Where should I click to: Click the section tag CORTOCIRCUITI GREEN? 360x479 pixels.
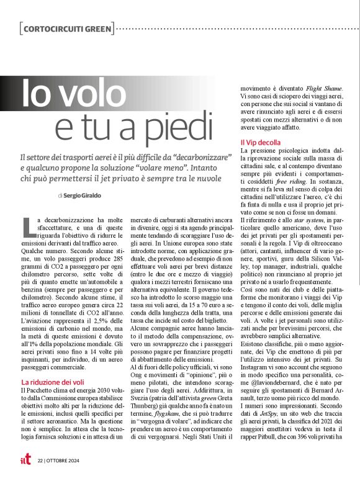pyautogui.click(x=66, y=29)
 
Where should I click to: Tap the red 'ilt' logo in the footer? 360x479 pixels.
pyautogui.click(x=25, y=460)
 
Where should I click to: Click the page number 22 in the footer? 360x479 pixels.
pyautogui.click(x=40, y=460)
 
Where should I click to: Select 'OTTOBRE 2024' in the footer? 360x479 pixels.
pyautogui.click(x=63, y=460)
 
